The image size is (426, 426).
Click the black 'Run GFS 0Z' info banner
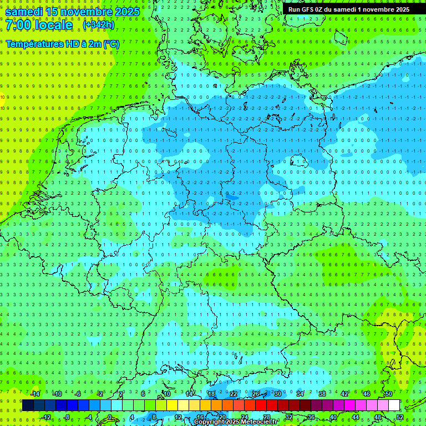pyautogui.click(x=349, y=9)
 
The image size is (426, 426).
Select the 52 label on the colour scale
pyautogui.click(x=400, y=417)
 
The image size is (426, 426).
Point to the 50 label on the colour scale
pyautogui.click(x=389, y=394)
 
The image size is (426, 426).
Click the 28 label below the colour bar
pyautogui.click(x=266, y=417)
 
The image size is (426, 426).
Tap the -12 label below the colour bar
pyautogui.click(x=47, y=417)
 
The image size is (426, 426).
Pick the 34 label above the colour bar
pyautogui.click(x=300, y=394)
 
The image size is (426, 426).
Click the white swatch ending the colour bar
pyautogui.click(x=394, y=405)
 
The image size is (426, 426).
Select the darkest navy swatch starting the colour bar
pyautogui.click(x=28, y=405)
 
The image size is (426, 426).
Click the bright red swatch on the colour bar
pyautogui.click(x=261, y=405)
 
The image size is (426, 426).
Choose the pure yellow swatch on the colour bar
pyautogui.click(x=172, y=405)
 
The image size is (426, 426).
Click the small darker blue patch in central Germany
pyautogui.click(x=232, y=196)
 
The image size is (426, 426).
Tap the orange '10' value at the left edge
pyautogui.click(x=3, y=97)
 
